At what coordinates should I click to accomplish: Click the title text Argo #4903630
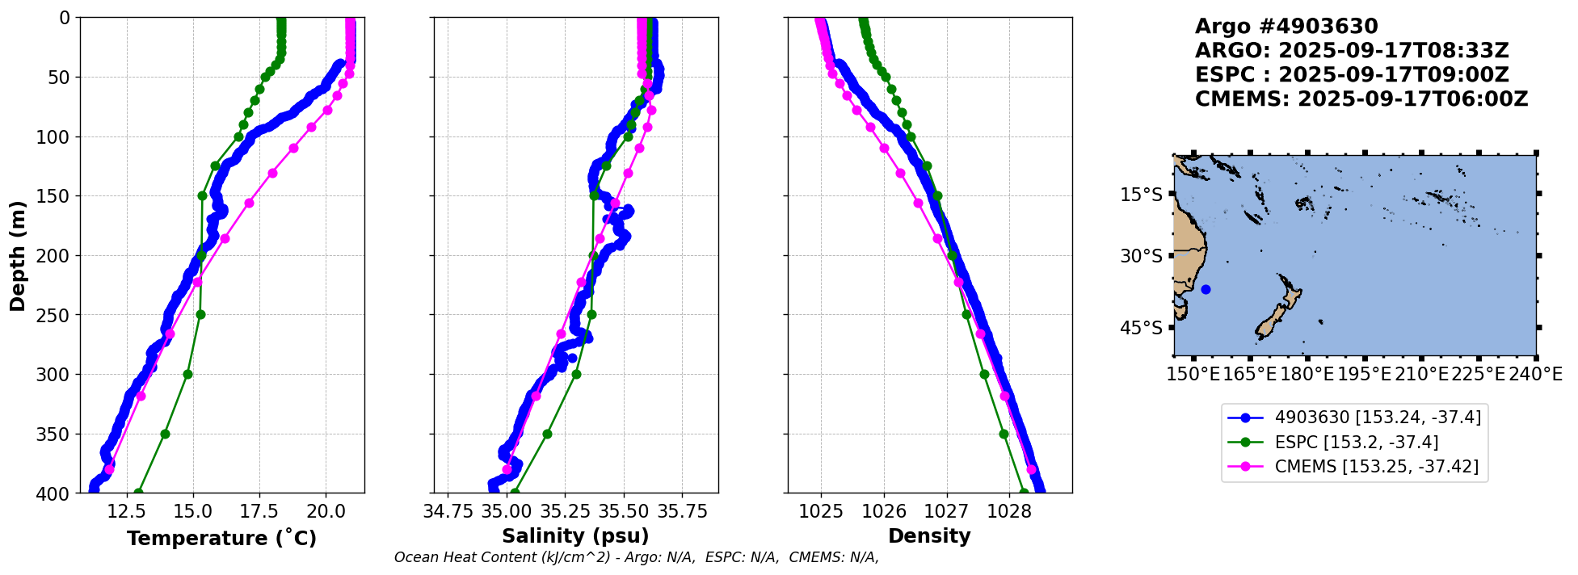click(1286, 27)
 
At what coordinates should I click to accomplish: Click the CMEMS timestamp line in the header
click(1361, 99)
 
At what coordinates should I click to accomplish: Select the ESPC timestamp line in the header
click(1351, 75)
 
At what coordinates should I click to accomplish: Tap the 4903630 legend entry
click(1378, 418)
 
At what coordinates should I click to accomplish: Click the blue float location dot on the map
click(1206, 289)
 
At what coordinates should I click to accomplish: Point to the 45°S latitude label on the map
click(1142, 328)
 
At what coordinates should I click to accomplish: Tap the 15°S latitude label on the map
click(1142, 195)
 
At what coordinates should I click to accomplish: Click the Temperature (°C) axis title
click(221, 538)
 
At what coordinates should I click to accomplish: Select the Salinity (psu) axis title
click(575, 536)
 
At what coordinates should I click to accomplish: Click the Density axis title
click(929, 536)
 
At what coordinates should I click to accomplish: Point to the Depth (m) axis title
click(18, 255)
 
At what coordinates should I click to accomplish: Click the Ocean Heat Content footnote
click(636, 557)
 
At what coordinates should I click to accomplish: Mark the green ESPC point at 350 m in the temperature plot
click(165, 434)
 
